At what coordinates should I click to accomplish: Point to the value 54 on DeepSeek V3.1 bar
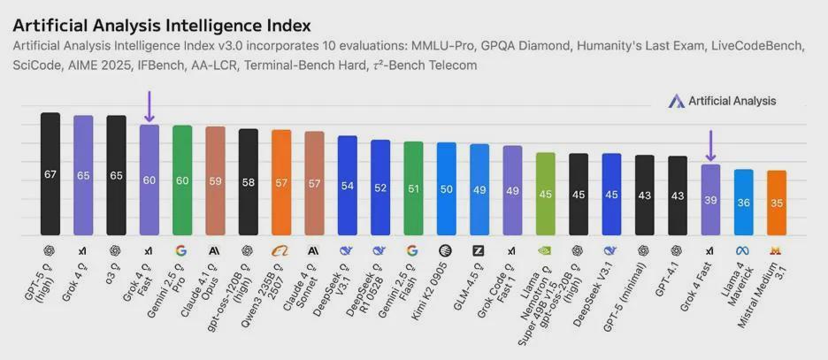pyautogui.click(x=348, y=187)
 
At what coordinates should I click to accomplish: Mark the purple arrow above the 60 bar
pyautogui.click(x=149, y=106)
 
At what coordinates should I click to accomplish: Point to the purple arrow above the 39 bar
pyautogui.click(x=710, y=146)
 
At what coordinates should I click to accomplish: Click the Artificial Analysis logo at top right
pyautogui.click(x=723, y=101)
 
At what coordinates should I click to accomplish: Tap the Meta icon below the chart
pyautogui.click(x=744, y=250)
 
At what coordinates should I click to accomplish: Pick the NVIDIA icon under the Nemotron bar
pyautogui.click(x=546, y=250)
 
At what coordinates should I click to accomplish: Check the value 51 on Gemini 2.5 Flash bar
pyautogui.click(x=413, y=188)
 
